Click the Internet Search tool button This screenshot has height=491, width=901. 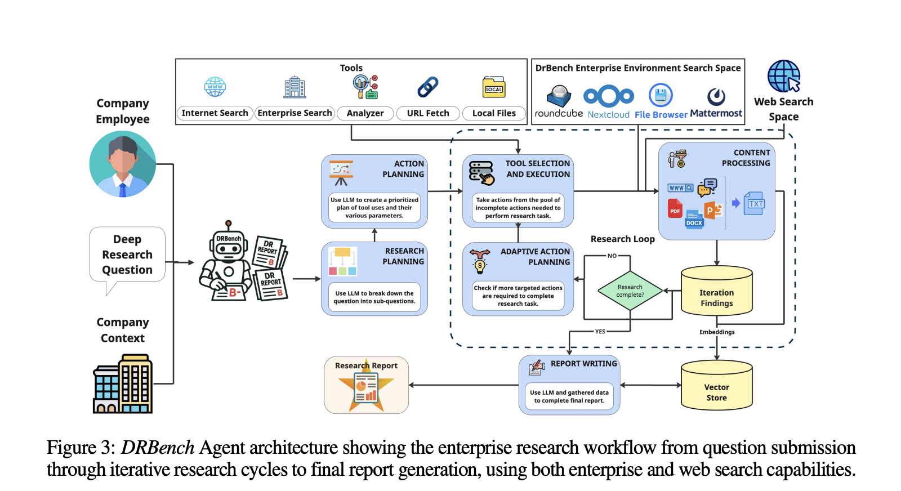coord(215,113)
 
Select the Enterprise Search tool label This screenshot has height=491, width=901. coord(295,113)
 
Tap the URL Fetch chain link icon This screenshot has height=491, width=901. coord(428,87)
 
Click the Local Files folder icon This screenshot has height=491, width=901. coord(494,88)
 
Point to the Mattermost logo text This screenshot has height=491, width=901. coord(716,113)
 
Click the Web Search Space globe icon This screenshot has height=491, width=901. coord(783,76)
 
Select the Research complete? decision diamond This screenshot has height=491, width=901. coord(630,291)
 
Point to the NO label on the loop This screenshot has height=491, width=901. coord(612,256)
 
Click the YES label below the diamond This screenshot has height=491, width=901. coord(600,332)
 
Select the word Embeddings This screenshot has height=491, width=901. coord(717,332)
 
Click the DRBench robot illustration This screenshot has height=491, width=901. coord(228,262)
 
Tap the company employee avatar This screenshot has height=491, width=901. coord(123,164)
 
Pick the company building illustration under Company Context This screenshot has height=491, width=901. coord(123,385)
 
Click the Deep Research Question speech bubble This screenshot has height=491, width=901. coord(127,255)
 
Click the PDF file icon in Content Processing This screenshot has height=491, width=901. coord(675,209)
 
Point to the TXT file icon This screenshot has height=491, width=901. coord(755,203)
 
